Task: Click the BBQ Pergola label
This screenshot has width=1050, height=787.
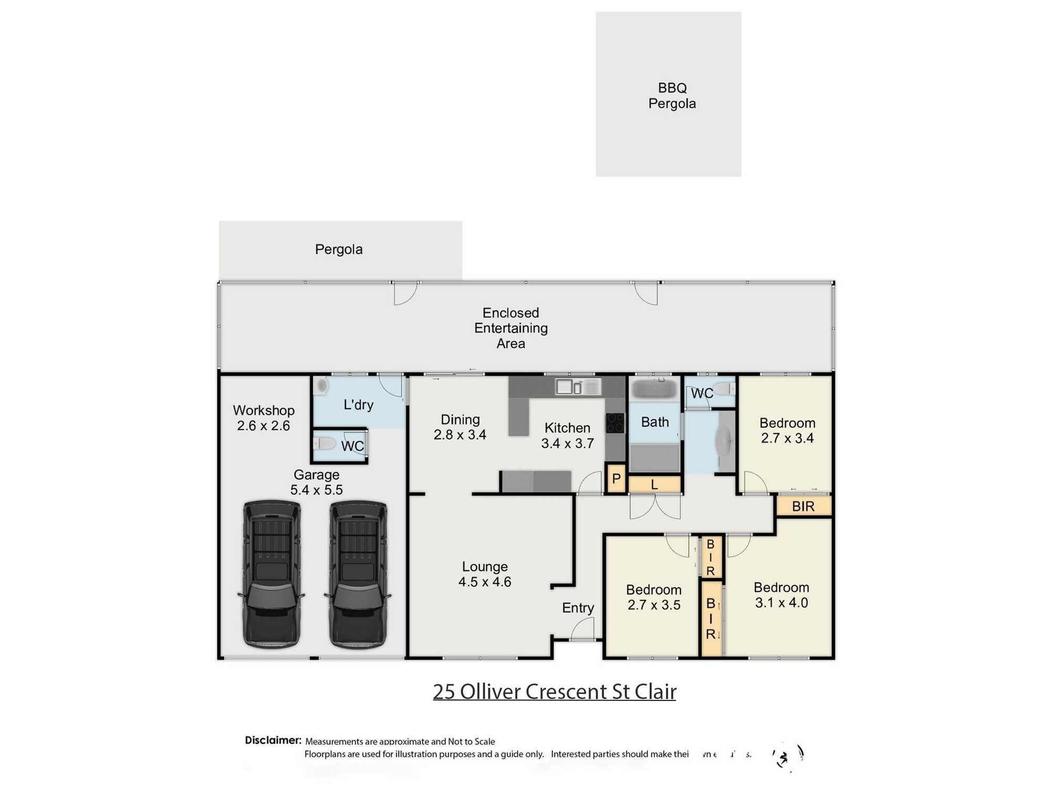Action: (671, 95)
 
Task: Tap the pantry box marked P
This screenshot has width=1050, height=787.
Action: (616, 478)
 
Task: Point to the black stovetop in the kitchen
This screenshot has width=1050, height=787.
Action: (615, 423)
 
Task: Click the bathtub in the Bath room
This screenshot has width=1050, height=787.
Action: (654, 389)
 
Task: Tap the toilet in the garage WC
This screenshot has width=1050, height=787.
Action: (325, 444)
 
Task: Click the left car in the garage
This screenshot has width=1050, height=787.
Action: (271, 575)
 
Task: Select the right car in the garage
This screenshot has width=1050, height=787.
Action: (358, 575)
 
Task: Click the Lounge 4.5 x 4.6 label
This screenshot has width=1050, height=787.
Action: (485, 574)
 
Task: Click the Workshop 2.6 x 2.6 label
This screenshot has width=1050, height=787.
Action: (264, 418)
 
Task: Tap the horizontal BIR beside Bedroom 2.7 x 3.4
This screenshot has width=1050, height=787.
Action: (803, 506)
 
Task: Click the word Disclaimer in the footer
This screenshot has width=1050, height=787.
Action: (273, 740)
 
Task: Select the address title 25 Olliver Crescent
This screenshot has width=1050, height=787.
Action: (554, 692)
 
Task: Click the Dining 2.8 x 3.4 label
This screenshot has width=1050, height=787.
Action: (460, 427)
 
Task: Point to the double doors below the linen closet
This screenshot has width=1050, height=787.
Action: (655, 506)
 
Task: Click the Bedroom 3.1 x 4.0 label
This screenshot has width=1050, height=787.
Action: (781, 595)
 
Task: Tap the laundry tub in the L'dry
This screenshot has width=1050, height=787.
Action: (321, 386)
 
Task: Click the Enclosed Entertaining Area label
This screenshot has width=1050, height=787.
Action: (511, 328)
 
